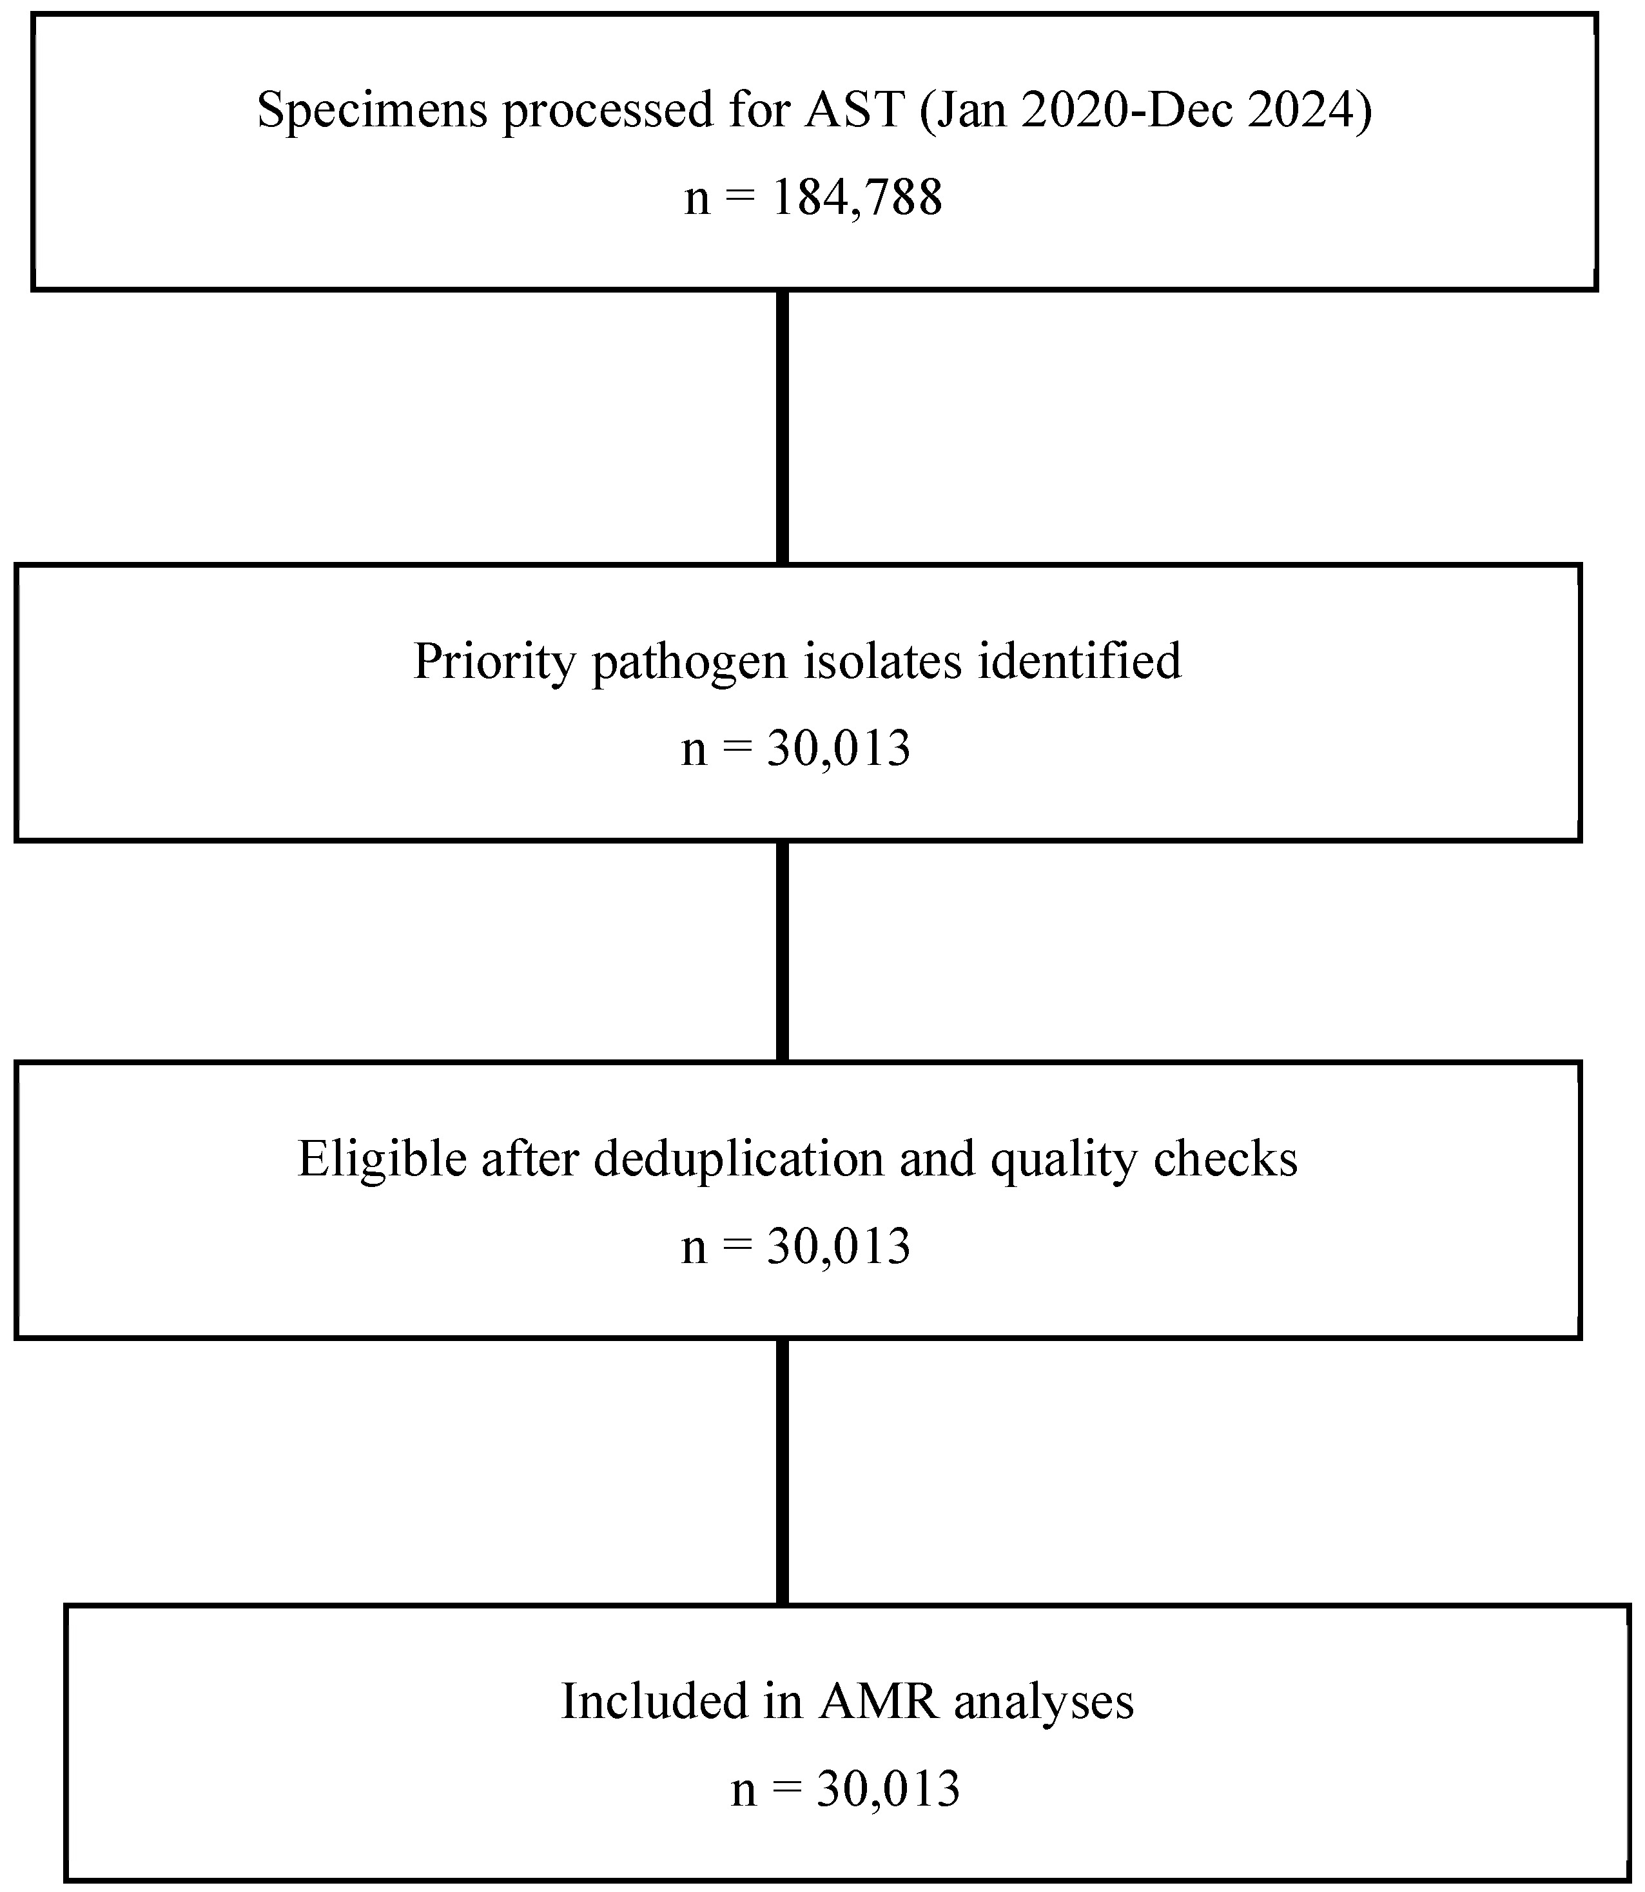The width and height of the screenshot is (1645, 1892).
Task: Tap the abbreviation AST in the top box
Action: click(x=853, y=110)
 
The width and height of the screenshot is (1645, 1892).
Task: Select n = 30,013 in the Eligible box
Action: click(x=796, y=1246)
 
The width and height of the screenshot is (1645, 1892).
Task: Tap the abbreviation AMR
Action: click(x=879, y=1701)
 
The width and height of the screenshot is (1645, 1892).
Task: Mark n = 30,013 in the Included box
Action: click(x=846, y=1790)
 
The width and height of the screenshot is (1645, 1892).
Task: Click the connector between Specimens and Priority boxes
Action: click(x=782, y=427)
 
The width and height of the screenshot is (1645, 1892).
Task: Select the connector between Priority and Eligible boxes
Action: click(x=782, y=952)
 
